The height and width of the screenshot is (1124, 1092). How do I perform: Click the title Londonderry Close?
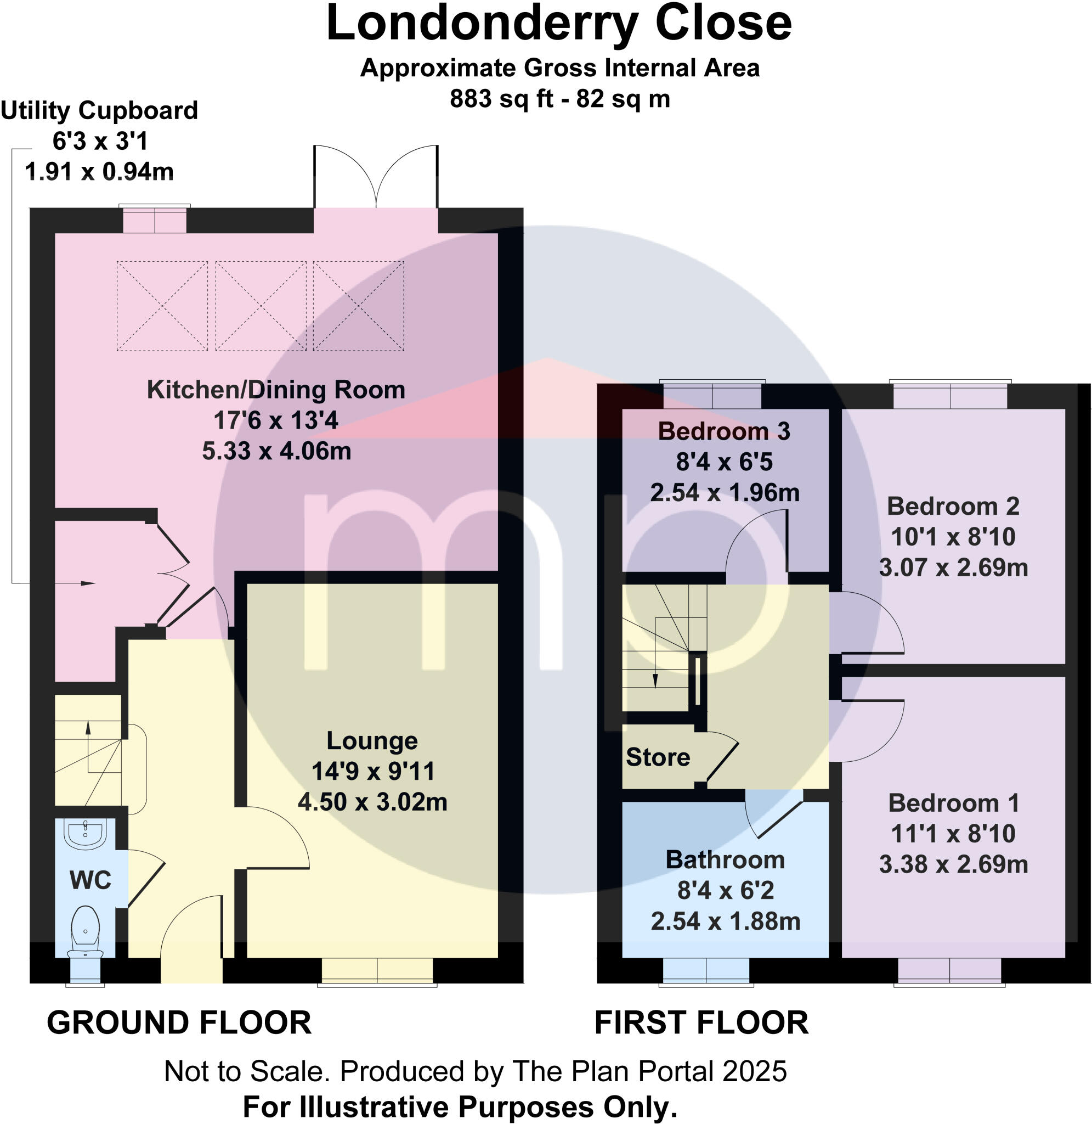(559, 24)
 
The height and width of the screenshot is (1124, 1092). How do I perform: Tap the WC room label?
(90, 880)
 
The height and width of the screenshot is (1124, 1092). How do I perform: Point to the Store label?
(657, 757)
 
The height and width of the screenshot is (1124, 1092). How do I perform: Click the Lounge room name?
(372, 741)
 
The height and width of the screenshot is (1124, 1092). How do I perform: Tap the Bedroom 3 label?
(724, 431)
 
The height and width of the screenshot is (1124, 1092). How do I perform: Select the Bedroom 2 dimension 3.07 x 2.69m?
(953, 567)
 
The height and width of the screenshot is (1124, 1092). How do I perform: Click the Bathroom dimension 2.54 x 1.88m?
(725, 921)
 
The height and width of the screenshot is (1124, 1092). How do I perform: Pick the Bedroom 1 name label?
(953, 803)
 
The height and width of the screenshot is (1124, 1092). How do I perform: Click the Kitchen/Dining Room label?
(276, 390)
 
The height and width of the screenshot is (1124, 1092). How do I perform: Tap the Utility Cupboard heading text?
(99, 110)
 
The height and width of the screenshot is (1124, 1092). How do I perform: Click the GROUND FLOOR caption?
(179, 1022)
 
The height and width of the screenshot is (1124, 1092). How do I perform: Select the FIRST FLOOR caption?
(701, 1022)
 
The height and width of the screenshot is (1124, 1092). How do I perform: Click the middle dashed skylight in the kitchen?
(261, 306)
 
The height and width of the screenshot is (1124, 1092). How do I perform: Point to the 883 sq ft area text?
(501, 99)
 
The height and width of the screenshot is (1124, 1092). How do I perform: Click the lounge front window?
(377, 971)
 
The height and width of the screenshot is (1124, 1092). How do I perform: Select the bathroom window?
(706, 971)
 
